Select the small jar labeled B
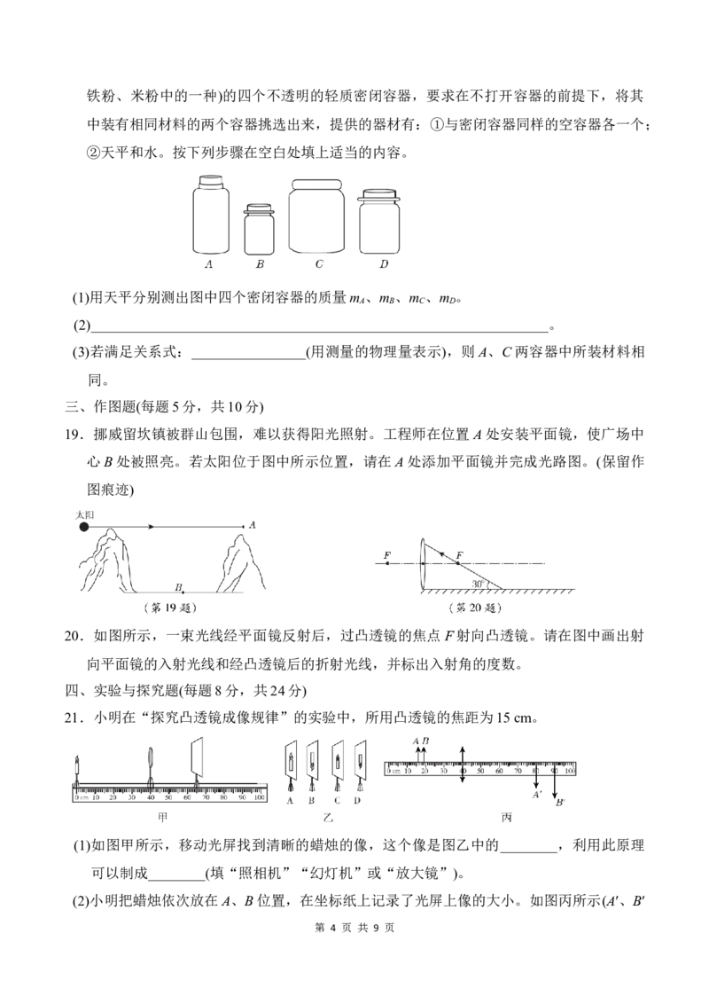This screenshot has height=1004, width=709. [259, 229]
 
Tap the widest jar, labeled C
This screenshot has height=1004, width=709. [316, 216]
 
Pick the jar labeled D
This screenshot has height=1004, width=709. [378, 222]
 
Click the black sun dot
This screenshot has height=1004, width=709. [83, 527]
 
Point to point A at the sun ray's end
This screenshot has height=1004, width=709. [244, 527]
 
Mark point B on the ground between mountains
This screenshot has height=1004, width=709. [183, 592]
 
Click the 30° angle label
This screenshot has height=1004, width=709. [478, 584]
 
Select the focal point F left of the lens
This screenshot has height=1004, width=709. [386, 563]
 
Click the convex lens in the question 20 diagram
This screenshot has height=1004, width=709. [425, 563]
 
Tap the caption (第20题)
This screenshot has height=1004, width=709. [475, 607]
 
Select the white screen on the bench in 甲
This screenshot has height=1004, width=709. [196, 758]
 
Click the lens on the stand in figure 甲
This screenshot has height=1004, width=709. [151, 758]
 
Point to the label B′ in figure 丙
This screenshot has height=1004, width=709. [560, 802]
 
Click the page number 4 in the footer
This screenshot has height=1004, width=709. [332, 927]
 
